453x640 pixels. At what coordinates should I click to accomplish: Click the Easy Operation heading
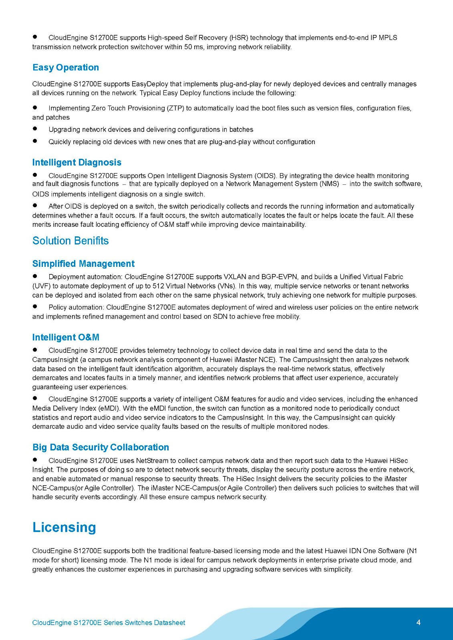coord(66,67)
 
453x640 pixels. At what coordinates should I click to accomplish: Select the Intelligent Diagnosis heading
coord(77,162)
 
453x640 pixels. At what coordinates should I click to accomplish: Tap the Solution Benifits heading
coord(70,241)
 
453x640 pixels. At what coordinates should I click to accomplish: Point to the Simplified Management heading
coord(83,264)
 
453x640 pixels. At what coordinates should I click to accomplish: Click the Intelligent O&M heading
coord(66,337)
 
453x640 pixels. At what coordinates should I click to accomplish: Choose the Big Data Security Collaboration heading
coord(101,447)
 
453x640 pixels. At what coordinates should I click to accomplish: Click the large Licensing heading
coord(64,527)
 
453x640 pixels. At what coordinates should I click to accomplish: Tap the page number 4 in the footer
coord(419,622)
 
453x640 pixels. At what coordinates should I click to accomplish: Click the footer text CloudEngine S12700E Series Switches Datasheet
coord(109,623)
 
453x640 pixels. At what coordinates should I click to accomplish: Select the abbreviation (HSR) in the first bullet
coord(239,38)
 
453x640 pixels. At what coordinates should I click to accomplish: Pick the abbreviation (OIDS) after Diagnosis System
coord(265,176)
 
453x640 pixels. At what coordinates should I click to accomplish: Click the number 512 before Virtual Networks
coord(159,286)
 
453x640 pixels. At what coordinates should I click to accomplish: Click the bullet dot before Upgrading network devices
coord(35,129)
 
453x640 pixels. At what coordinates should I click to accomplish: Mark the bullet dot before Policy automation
coord(35,307)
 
